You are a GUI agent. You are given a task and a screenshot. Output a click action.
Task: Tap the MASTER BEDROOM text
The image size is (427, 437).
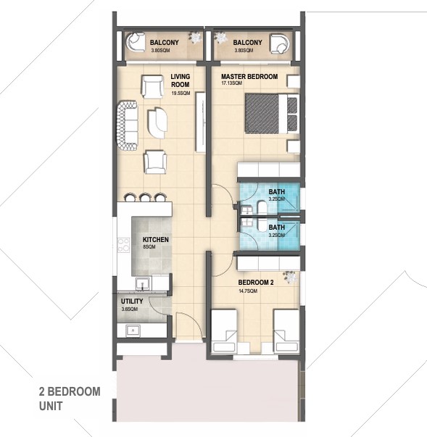click(x=249, y=76)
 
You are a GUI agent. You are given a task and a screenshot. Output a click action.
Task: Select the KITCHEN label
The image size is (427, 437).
click(x=156, y=240)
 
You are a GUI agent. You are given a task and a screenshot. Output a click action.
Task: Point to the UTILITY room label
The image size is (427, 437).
click(x=133, y=301)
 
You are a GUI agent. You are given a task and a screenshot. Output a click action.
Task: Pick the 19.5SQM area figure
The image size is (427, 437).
click(x=181, y=93)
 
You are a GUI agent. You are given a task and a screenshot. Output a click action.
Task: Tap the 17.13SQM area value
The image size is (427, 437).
click(x=232, y=84)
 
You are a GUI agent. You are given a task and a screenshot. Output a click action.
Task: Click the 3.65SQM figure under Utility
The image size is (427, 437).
click(x=130, y=309)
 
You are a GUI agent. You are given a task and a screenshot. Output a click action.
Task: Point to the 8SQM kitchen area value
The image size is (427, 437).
click(x=149, y=248)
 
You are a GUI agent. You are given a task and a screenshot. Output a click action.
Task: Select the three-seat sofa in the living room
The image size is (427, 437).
click(x=128, y=125)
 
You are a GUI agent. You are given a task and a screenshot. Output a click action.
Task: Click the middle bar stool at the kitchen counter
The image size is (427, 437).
click(x=145, y=196)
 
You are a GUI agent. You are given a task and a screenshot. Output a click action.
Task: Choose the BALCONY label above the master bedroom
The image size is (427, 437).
click(x=238, y=43)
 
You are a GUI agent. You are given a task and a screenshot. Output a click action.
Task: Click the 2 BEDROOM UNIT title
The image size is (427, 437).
click(x=69, y=399)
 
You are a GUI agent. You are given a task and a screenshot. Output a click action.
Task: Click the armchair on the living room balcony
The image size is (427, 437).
click(x=135, y=46)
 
